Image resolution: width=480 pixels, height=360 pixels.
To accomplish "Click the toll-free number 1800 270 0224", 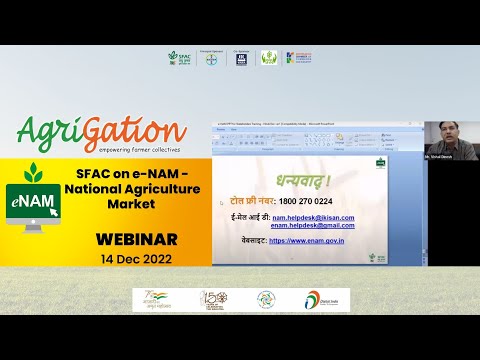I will (298, 201).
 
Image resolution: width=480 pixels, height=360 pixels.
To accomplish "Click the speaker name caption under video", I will (442, 157).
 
